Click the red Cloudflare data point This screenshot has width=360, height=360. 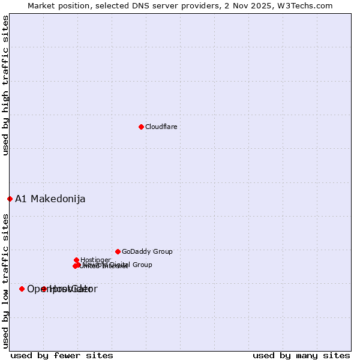pos(141,127)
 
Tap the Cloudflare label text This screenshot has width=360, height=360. pos(161,127)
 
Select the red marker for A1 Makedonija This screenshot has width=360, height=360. pos(10,199)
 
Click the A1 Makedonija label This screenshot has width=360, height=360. pos(50,199)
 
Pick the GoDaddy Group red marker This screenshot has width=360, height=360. pos(118,251)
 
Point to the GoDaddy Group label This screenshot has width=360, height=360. pos(147,251)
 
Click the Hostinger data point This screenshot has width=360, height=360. pos(76,260)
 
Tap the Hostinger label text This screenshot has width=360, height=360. pos(95,260)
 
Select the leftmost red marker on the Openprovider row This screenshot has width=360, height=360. pos(22,289)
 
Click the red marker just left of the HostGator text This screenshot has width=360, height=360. pos(44,289)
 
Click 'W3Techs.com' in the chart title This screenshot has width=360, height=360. pos(310,5)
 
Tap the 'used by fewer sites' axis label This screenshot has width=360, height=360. pos(62,355)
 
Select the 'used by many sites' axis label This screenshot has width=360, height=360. pos(301,355)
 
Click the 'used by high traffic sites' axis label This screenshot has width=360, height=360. pos(5,86)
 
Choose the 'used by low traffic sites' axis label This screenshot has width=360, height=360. pos(5,280)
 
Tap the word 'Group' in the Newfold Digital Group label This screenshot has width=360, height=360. pos(142,265)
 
